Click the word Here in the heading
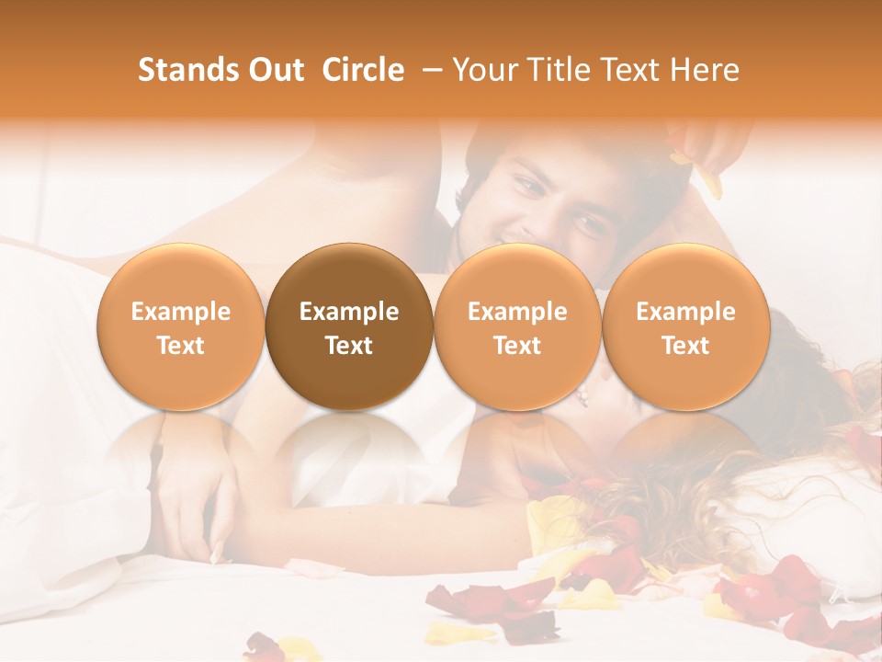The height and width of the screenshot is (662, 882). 704,70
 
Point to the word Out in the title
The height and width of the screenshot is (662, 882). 276,70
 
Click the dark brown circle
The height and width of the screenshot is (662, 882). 349,326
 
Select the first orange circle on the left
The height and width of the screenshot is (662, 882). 180,326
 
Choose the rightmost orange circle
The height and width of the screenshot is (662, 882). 685,326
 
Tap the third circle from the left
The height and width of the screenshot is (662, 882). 517,326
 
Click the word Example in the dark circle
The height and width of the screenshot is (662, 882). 349,312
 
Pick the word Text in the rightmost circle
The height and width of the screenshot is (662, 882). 685,346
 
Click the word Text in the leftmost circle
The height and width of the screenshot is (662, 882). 180,346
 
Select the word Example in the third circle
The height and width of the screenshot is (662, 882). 517,312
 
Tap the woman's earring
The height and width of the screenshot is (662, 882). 582,396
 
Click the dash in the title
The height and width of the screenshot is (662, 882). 429,70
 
